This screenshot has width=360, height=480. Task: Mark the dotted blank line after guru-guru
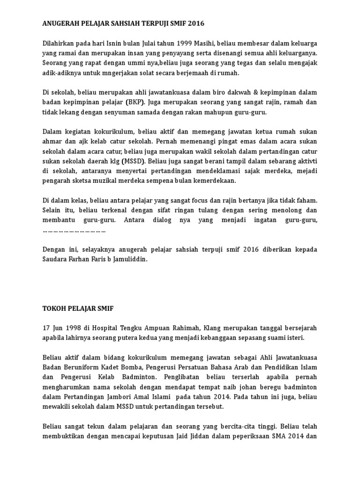74,230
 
